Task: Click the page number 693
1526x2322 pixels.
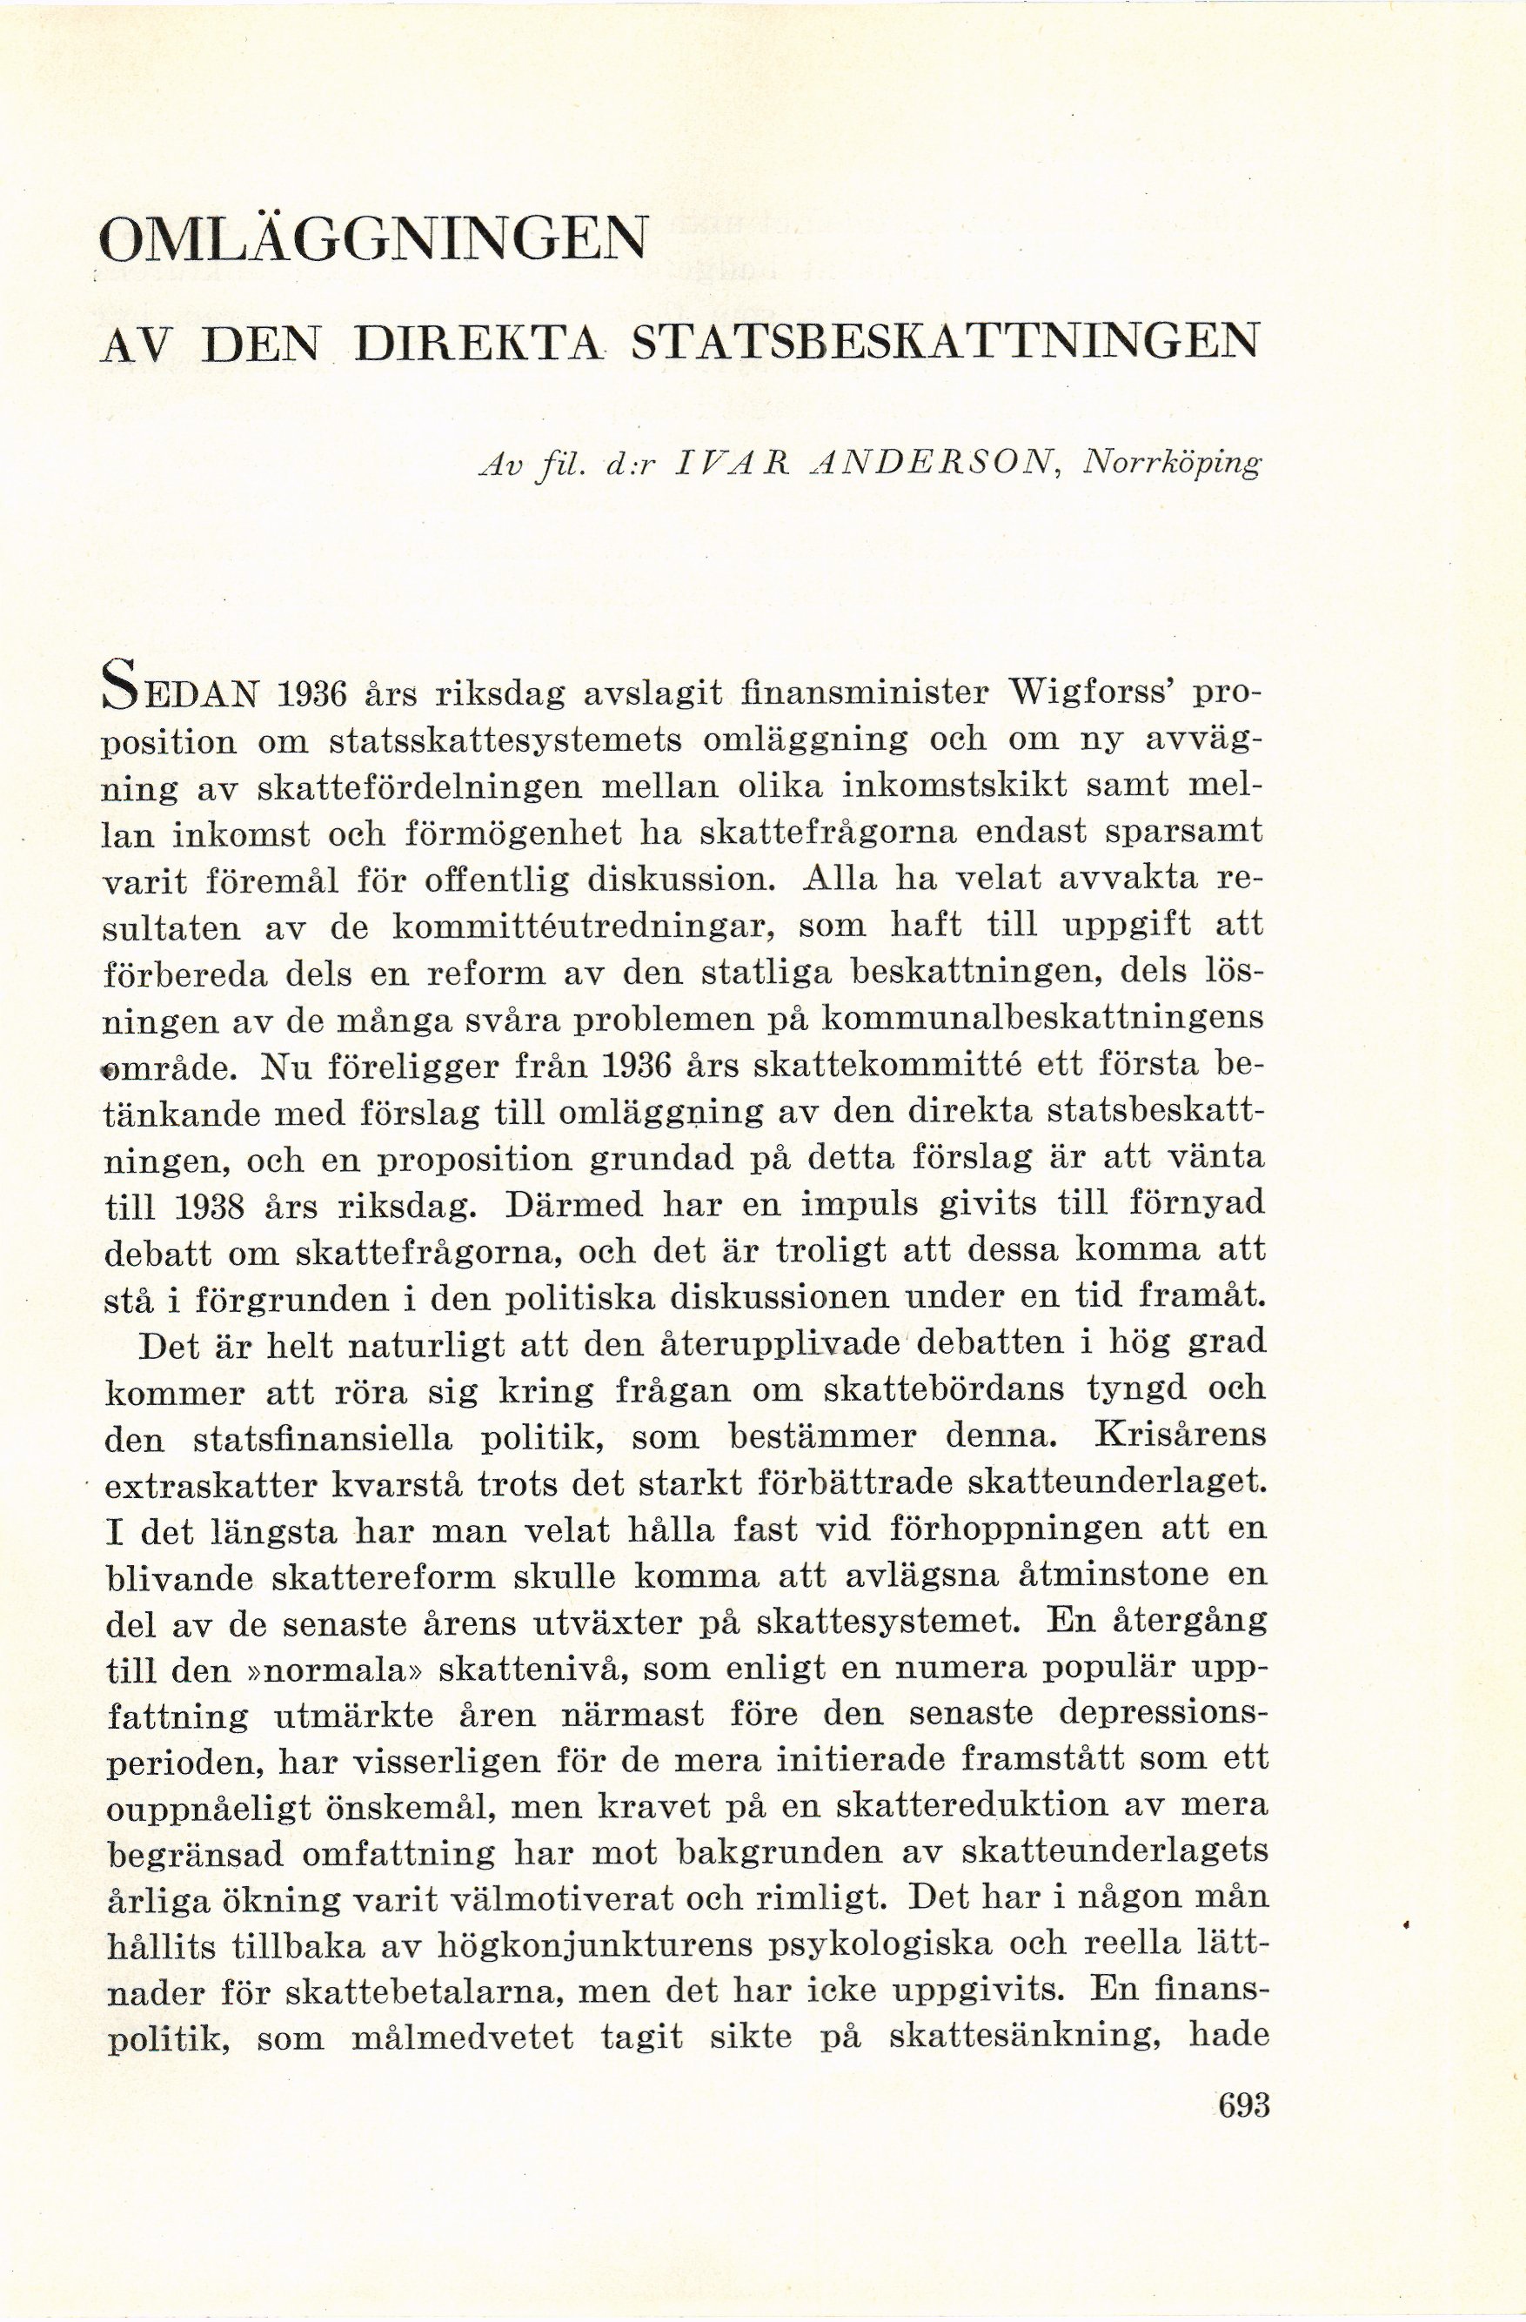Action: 1243,2105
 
